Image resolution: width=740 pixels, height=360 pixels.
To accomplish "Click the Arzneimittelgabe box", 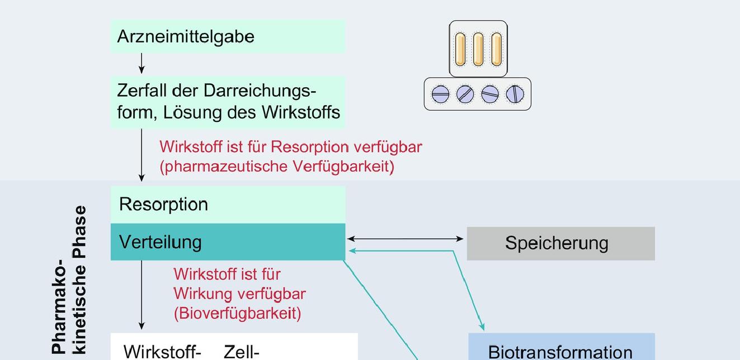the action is pyautogui.click(x=228, y=36).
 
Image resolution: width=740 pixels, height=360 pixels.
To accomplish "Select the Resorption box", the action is pyautogui.click(x=228, y=205).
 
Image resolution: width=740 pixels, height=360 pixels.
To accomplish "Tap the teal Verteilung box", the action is pyautogui.click(x=228, y=241).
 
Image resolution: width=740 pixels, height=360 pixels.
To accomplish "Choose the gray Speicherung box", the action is pyautogui.click(x=560, y=243).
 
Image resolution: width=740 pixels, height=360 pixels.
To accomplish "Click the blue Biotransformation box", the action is pyautogui.click(x=561, y=347).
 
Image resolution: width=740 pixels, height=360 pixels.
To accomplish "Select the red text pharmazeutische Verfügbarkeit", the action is pyautogui.click(x=277, y=167).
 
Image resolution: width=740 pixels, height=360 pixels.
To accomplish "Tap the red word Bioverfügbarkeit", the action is pyautogui.click(x=238, y=314).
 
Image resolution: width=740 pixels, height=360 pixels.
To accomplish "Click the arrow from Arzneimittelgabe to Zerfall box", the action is pyautogui.click(x=142, y=63).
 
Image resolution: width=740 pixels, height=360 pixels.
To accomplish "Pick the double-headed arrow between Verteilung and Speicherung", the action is pyautogui.click(x=406, y=239).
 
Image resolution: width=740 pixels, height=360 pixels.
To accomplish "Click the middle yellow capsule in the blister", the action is pyautogui.click(x=478, y=49).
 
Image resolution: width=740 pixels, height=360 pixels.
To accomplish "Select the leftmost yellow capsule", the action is pyautogui.click(x=460, y=49).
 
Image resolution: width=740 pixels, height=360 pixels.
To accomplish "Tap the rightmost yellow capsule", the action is pyautogui.click(x=496, y=49).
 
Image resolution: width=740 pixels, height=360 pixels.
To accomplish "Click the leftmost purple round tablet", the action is pyautogui.click(x=440, y=94).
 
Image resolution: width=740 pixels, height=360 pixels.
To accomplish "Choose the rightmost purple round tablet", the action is pyautogui.click(x=515, y=94).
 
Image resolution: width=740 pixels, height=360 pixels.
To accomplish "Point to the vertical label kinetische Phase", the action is pyautogui.click(x=81, y=280).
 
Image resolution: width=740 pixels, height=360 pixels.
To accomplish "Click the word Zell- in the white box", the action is pyautogui.click(x=242, y=352).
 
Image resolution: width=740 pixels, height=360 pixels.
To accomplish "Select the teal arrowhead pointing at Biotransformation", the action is pyautogui.click(x=482, y=326).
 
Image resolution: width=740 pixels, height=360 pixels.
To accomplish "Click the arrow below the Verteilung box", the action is pyautogui.click(x=142, y=295).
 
